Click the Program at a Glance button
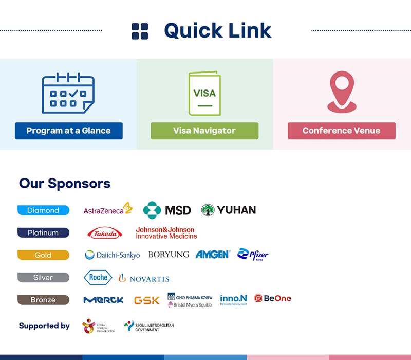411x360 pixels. (x=68, y=131)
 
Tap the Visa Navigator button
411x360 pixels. (x=204, y=131)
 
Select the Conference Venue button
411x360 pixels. (x=341, y=131)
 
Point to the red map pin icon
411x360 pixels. (x=341, y=92)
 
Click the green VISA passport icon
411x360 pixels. (x=204, y=94)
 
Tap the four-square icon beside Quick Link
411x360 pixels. (x=140, y=31)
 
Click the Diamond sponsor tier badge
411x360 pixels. (x=43, y=210)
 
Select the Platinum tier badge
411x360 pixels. (x=43, y=233)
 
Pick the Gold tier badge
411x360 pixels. (x=43, y=255)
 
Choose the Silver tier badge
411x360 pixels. (x=43, y=278)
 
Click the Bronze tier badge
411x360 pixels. (x=43, y=300)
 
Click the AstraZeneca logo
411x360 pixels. (x=108, y=209)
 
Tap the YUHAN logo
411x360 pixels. (x=229, y=210)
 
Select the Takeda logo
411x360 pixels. (x=105, y=233)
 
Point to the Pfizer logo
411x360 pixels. (x=253, y=255)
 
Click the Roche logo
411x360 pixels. (x=98, y=278)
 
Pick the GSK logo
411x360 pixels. (x=147, y=300)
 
